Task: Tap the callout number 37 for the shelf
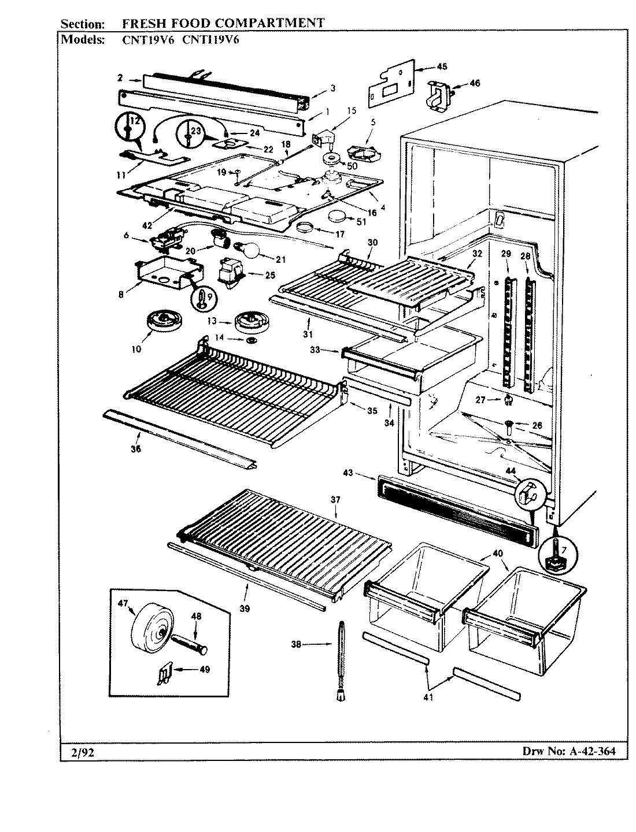pyautogui.click(x=335, y=500)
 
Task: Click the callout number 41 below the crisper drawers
pyautogui.click(x=428, y=697)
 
